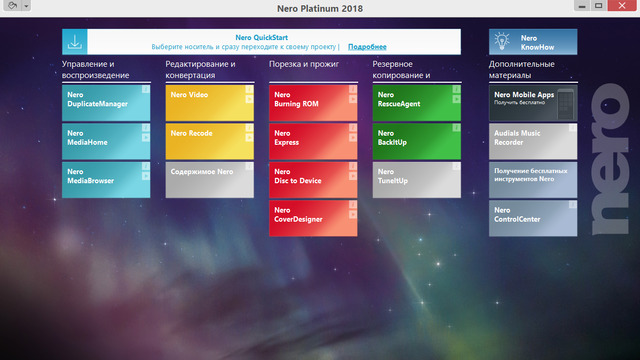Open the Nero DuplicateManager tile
[x=105, y=101]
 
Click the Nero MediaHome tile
[x=105, y=140]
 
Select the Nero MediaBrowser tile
[x=105, y=180]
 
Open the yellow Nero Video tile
[x=208, y=101]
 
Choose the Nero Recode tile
[x=208, y=140]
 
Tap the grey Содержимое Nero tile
[x=208, y=180]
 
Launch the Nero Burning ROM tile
[x=312, y=101]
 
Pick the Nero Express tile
[x=312, y=140]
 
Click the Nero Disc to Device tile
[x=312, y=180]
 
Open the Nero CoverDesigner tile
[x=312, y=218]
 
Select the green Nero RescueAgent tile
[x=416, y=101]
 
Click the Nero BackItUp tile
[x=416, y=140]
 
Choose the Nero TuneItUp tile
[x=416, y=180]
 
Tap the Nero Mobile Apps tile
[x=533, y=101]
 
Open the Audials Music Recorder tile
[x=533, y=140]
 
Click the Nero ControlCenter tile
[x=533, y=218]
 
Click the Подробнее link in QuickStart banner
[x=367, y=47]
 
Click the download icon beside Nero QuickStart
[x=75, y=42]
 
